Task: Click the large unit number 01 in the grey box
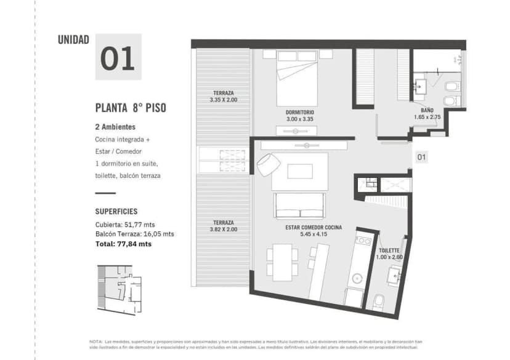pyautogui.click(x=118, y=57)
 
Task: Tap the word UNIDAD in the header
pyautogui.click(x=73, y=40)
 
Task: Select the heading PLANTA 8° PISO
pyautogui.click(x=130, y=108)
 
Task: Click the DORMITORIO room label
pyautogui.click(x=300, y=112)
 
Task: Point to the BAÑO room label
pyautogui.click(x=427, y=110)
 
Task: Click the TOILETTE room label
pyautogui.click(x=389, y=250)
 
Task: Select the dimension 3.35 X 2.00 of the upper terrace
pyautogui.click(x=223, y=100)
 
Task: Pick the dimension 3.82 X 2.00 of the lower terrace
pyautogui.click(x=223, y=229)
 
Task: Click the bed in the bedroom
pyautogui.click(x=300, y=80)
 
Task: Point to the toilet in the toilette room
pyautogui.click(x=379, y=300)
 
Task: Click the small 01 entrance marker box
pyautogui.click(x=421, y=157)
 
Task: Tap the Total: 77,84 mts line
pyautogui.click(x=123, y=244)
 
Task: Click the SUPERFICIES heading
pyautogui.click(x=116, y=210)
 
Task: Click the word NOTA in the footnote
pyautogui.click(x=96, y=341)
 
